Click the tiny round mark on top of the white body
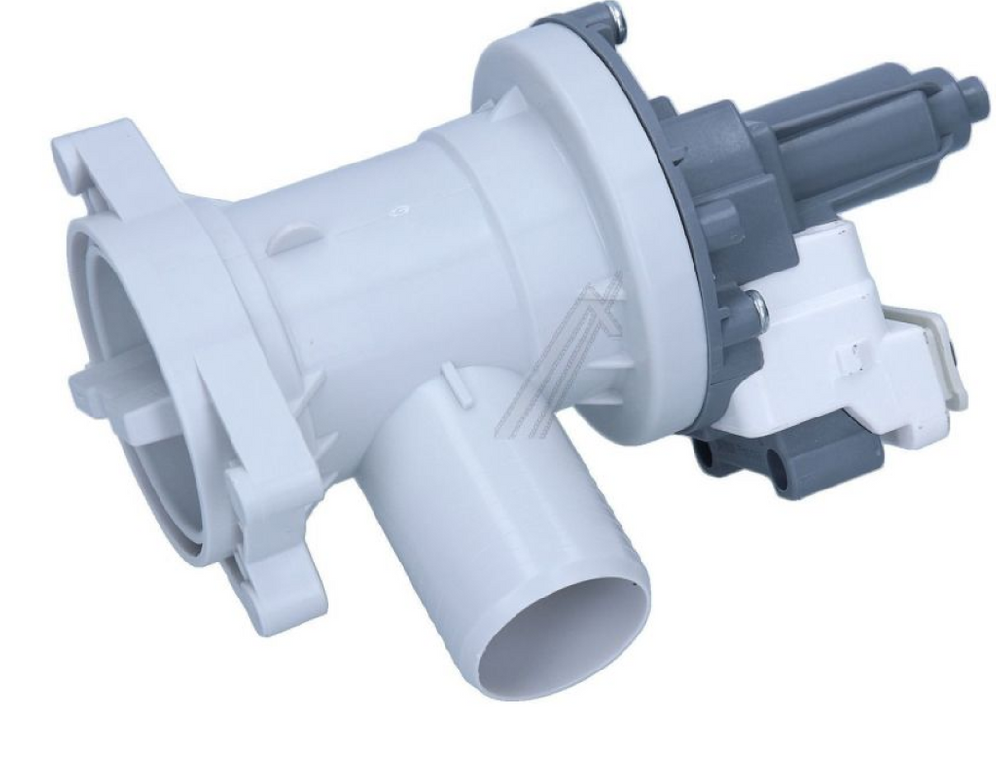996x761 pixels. [x=398, y=208]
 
